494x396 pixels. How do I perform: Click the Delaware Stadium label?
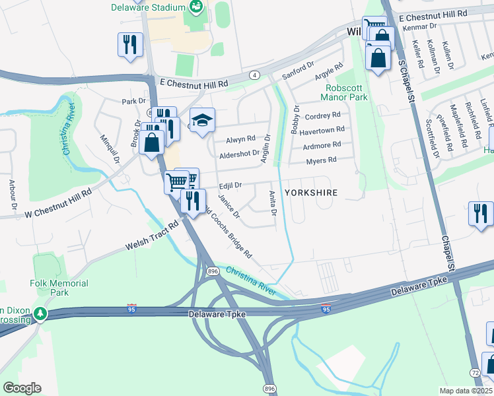click(148, 7)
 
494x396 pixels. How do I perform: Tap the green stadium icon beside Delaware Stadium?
click(196, 7)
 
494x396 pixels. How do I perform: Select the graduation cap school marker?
click(203, 120)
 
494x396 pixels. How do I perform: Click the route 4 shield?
click(254, 75)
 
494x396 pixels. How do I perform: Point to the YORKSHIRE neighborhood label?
click(311, 193)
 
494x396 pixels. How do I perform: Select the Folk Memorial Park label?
click(50, 287)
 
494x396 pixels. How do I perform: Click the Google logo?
click(22, 388)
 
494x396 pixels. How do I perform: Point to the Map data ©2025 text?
click(465, 391)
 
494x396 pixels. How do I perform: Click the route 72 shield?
click(475, 373)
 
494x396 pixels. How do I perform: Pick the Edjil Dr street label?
click(231, 186)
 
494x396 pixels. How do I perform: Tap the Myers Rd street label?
click(322, 160)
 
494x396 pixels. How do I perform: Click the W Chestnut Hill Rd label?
click(57, 203)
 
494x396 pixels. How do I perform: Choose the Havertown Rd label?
click(322, 130)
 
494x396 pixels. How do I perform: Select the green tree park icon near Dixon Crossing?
click(42, 313)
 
